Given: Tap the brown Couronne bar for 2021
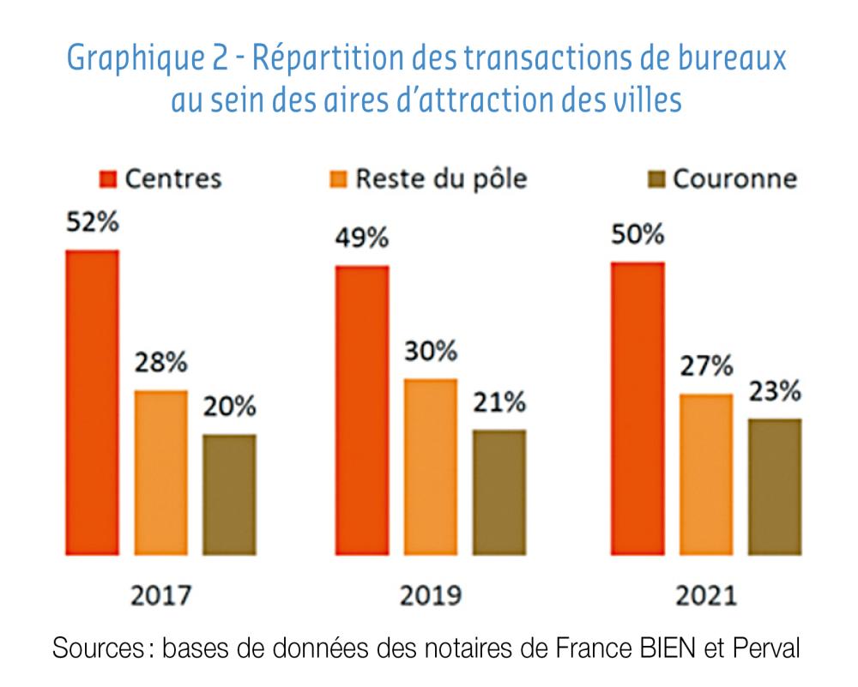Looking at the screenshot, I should coord(774,485).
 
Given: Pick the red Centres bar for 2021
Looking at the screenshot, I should coord(636,407).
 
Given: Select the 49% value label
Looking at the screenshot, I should coord(361,238).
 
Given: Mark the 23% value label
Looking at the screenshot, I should coord(774,391).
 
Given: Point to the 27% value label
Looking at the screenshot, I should coord(705,366).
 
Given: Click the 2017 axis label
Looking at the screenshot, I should coord(161,594).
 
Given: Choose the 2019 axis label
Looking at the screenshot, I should coord(430,594).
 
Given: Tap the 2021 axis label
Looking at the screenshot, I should coord(704,594).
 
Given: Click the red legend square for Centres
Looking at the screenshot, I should coord(108,178).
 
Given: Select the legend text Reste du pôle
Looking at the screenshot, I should coord(441,178).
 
